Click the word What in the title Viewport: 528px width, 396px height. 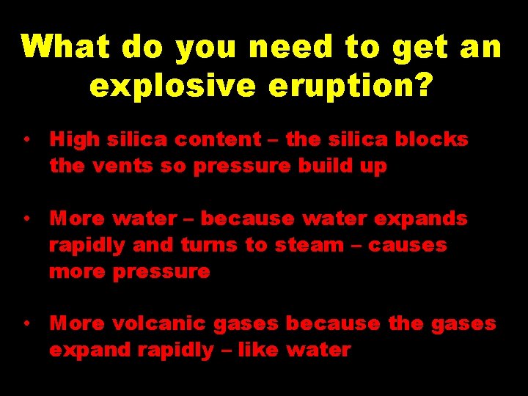[67, 48]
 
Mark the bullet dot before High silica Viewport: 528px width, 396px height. [26, 139]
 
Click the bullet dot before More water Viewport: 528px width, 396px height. [26, 219]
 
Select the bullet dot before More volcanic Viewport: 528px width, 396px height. [26, 323]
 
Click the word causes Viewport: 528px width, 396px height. [407, 245]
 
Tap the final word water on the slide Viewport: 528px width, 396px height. [318, 350]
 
